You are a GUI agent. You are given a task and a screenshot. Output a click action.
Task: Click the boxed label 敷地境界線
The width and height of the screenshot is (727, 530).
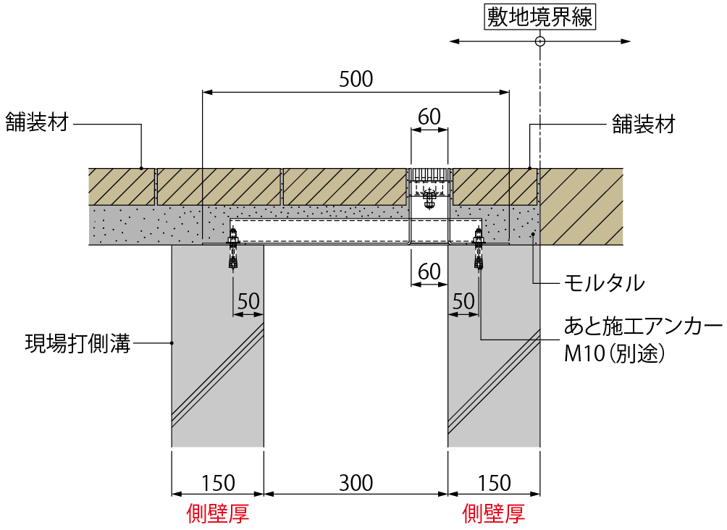[539, 17]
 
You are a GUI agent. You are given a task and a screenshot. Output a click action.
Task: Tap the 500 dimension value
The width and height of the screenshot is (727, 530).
[356, 79]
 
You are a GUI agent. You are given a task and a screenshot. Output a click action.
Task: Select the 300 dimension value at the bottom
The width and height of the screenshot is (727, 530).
[356, 482]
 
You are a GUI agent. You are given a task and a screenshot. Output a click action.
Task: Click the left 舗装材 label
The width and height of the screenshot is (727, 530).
[37, 122]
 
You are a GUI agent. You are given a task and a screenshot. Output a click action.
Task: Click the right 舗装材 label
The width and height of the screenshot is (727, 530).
[644, 125]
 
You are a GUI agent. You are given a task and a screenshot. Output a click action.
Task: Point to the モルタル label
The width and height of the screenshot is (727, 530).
[605, 283]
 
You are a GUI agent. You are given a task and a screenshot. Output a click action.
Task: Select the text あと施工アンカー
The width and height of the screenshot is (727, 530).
[643, 327]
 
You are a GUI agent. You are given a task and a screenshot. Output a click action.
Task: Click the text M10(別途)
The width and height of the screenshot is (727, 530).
[615, 354]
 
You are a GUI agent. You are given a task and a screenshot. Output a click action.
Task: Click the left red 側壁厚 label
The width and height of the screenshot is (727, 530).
[218, 513]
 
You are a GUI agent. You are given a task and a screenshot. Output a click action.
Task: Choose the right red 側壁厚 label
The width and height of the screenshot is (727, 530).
[494, 513]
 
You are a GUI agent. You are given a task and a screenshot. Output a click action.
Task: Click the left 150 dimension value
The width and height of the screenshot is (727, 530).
[218, 482]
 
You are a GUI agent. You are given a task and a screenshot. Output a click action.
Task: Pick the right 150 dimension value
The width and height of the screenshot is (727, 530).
[495, 482]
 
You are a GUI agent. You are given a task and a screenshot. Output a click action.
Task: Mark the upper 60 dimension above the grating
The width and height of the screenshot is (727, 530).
[429, 117]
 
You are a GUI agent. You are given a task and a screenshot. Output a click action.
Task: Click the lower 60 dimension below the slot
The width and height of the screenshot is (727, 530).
[429, 272]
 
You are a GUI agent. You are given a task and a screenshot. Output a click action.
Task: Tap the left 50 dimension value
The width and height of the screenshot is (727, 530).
[248, 301]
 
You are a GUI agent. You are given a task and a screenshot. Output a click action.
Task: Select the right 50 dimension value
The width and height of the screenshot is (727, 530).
[463, 301]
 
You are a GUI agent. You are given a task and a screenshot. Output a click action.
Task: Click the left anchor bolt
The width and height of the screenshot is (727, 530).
[233, 251]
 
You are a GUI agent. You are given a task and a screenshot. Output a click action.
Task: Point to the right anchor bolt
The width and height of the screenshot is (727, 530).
[478, 251]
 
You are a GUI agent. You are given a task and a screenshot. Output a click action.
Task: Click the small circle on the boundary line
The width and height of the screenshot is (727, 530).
[539, 42]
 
